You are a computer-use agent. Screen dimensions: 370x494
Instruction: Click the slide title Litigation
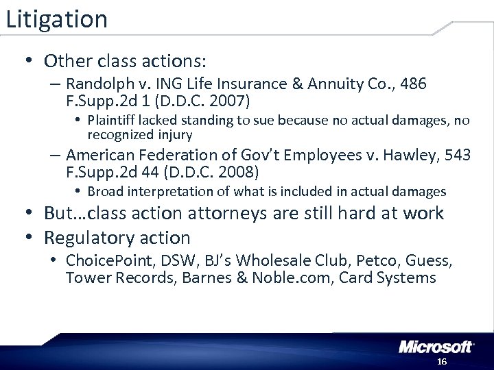coord(56,19)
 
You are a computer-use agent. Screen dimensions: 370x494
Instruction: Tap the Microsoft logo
coord(437,347)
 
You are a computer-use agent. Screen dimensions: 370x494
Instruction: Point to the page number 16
coord(441,361)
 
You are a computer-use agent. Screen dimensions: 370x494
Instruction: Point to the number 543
coord(456,155)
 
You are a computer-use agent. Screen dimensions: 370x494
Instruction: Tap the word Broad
coord(104,192)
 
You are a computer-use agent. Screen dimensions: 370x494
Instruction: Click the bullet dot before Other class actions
coord(26,61)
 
